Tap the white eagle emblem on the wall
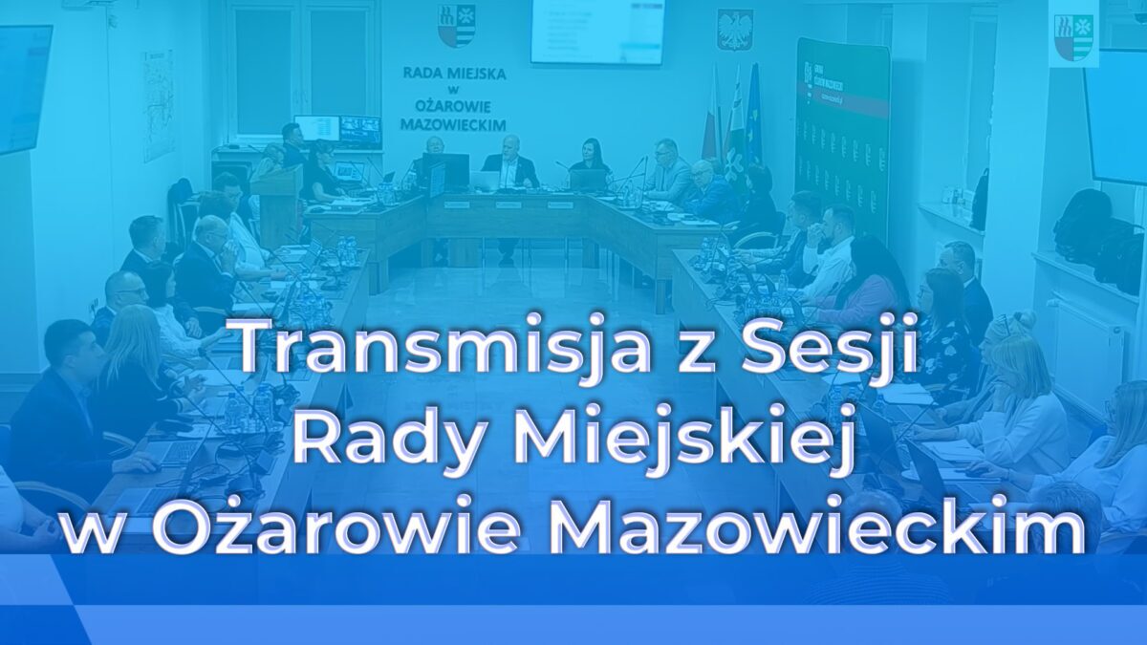[x=734, y=30]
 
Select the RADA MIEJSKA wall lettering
[x=454, y=98]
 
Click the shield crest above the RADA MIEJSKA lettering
[x=456, y=26]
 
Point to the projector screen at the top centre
[x=597, y=31]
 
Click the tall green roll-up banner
[x=841, y=134]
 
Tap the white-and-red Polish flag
[x=711, y=119]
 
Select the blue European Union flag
[x=754, y=115]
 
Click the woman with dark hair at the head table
[x=590, y=159]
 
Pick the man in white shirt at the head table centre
[x=510, y=162]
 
